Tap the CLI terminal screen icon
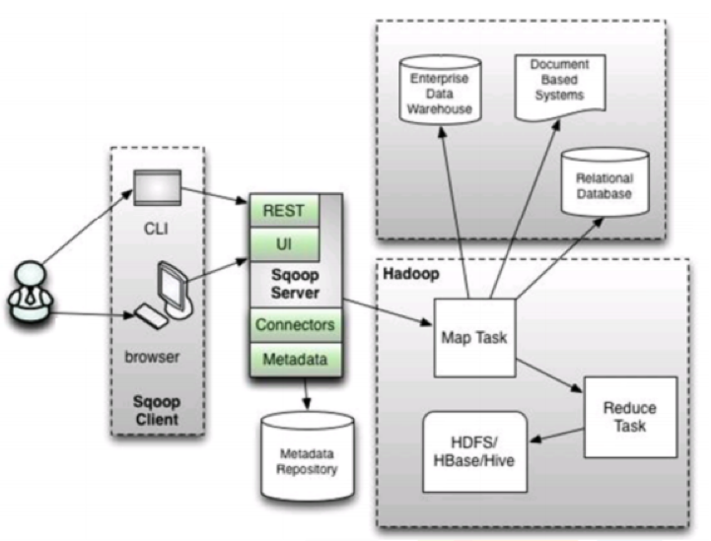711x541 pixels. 157,187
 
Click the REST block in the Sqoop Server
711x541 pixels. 283,210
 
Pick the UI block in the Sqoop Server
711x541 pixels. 283,241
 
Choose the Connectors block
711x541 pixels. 294,323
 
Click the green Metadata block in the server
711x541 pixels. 294,358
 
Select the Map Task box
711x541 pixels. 474,335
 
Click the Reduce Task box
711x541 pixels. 630,416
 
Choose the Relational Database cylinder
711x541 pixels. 603,184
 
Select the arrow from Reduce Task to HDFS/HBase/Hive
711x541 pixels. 556,436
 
